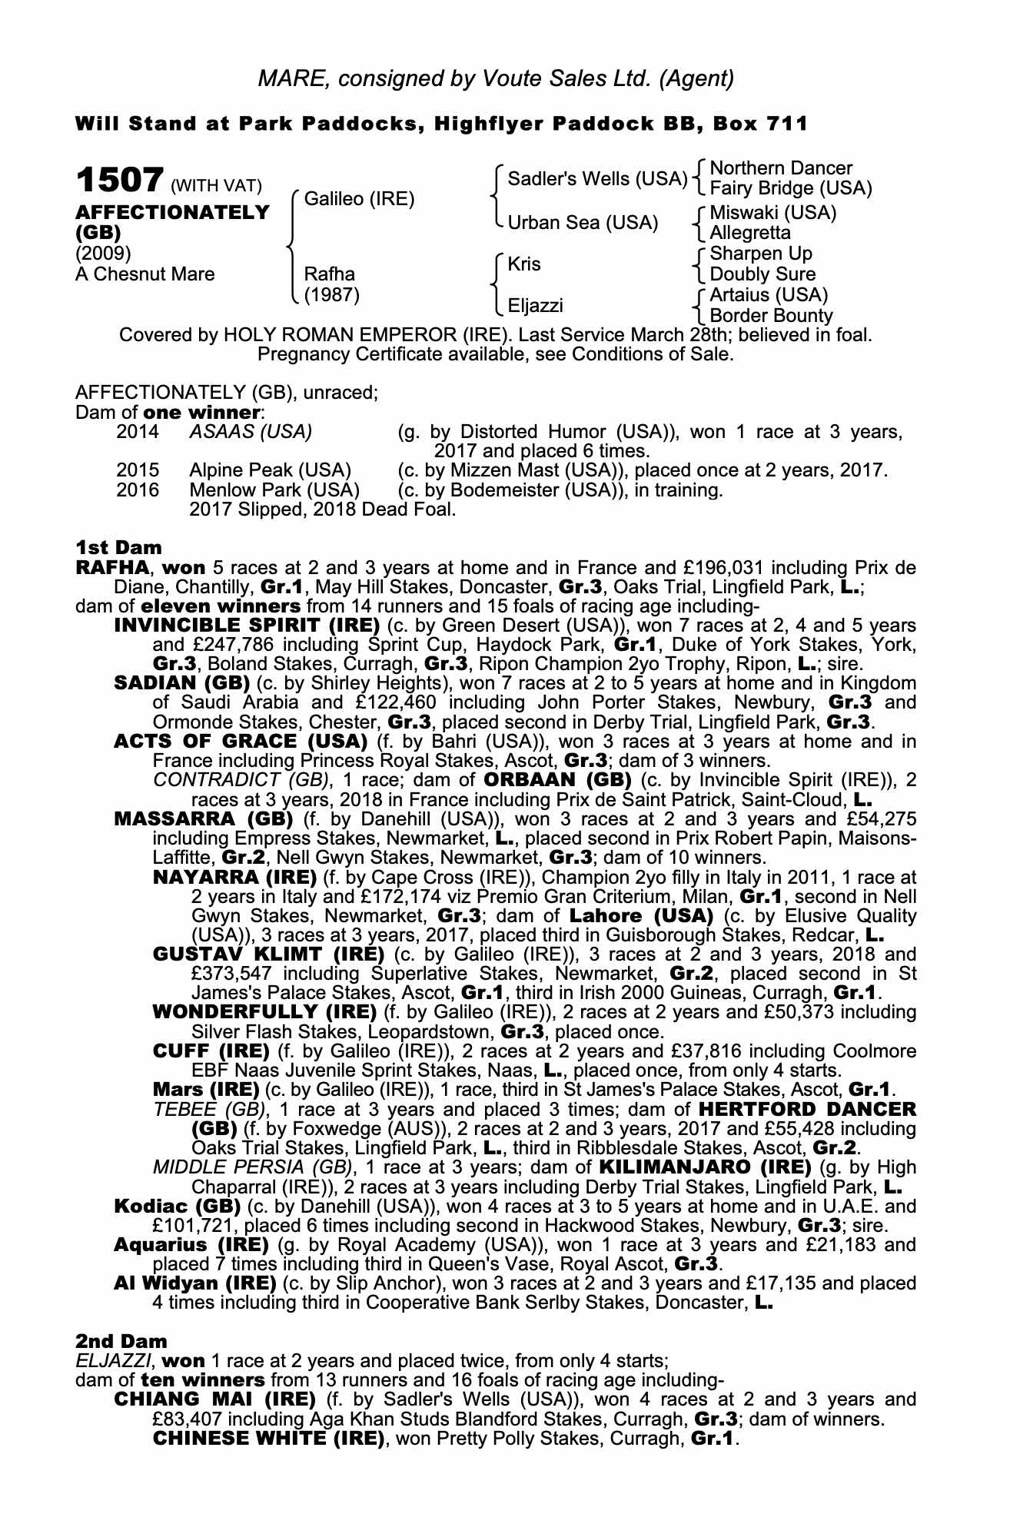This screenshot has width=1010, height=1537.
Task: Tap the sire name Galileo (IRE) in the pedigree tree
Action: coord(359,199)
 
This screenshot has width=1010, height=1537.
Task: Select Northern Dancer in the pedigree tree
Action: coord(781,168)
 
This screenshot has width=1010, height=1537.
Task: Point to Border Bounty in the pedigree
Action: coord(771,316)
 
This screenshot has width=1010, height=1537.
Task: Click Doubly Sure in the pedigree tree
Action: coord(762,274)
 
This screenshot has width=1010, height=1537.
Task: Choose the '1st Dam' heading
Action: coord(118,548)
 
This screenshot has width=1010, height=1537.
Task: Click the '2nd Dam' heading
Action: coord(121,1342)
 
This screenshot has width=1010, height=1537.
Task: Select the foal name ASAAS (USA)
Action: coord(251,432)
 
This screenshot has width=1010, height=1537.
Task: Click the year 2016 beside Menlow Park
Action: coord(138,490)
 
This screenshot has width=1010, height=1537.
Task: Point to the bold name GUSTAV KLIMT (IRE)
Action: coord(268,954)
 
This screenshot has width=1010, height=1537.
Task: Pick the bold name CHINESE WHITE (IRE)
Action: coord(268,1438)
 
